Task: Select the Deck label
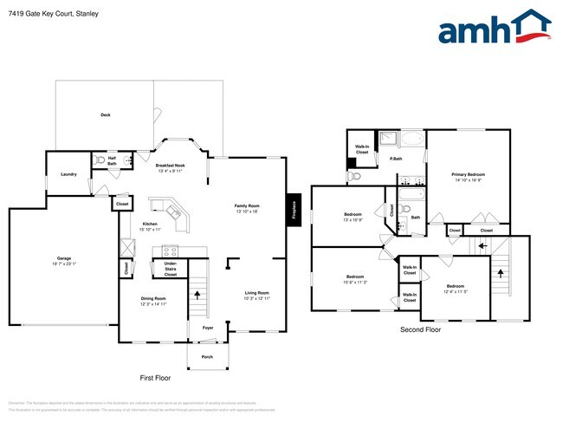coord(106,114)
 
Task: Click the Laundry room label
coord(68,174)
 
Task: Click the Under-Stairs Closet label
coord(171,269)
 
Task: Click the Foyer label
coord(208,329)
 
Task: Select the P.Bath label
coord(395,159)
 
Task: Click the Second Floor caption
coord(421,330)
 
